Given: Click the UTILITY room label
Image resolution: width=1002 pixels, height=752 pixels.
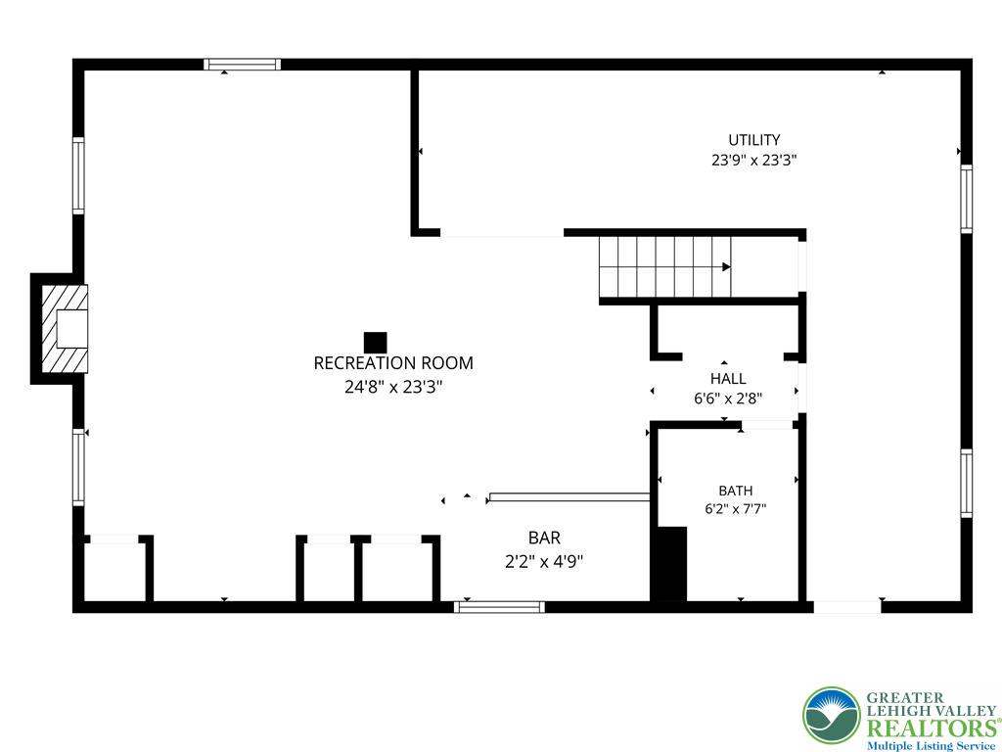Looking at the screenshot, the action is point(754,139).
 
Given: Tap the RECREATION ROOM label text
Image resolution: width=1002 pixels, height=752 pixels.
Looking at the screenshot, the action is point(393,363).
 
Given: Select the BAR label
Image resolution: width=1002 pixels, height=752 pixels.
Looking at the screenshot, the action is point(544,538).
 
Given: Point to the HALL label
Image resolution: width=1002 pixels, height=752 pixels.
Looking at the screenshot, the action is point(728,379).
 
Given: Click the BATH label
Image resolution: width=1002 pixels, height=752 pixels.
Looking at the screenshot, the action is point(736,491).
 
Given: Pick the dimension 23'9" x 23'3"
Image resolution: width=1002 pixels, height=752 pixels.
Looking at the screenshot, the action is point(754,160).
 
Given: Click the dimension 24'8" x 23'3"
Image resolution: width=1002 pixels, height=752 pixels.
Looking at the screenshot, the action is point(393,387).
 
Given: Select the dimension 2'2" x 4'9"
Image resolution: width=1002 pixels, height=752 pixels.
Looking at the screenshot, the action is point(544,562).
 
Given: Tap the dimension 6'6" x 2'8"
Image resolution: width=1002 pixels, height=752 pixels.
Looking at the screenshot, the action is point(728,399).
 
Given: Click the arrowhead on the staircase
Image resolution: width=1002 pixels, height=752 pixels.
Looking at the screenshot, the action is point(727,266).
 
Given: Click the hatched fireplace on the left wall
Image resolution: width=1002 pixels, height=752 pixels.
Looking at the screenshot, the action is point(65,329).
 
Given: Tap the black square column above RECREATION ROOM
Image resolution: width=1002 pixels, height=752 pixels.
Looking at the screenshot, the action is point(375,343).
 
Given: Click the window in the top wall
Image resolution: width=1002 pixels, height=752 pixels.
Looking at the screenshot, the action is point(243,64).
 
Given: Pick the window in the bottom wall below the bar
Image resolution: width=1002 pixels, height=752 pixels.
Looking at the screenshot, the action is point(500,607).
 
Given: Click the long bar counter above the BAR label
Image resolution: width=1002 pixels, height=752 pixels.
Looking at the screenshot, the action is point(569,496).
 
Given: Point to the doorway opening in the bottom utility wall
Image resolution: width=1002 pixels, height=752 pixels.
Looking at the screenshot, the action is point(847,607).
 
